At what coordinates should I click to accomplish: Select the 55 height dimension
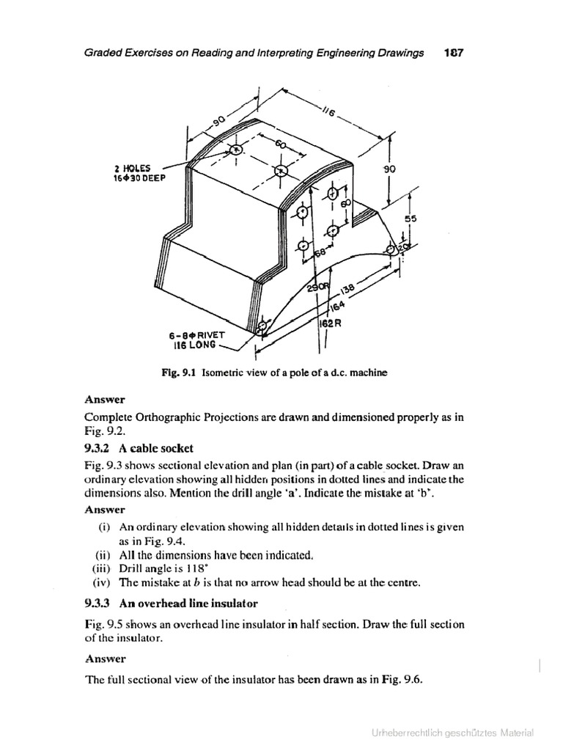(x=410, y=219)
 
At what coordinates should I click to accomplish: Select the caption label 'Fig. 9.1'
(x=180, y=373)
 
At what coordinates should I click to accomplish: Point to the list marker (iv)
(x=103, y=583)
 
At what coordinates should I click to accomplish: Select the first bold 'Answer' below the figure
(x=105, y=400)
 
